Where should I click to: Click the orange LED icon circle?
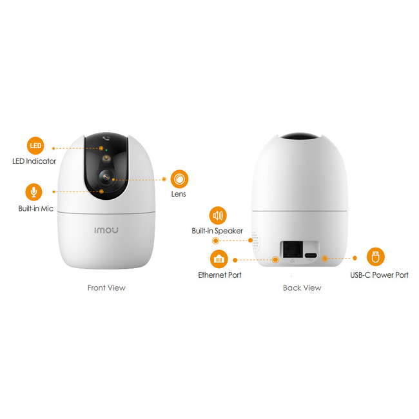35,146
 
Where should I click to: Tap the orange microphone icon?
34,192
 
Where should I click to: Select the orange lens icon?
179,179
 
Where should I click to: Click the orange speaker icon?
218,215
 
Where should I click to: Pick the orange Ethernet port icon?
219,259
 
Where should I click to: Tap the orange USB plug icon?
375,257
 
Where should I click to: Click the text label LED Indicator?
34,161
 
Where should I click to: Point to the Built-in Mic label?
36,208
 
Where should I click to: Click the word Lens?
179,194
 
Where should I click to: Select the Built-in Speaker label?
217,231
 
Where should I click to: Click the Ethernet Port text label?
220,275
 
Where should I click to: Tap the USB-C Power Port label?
379,275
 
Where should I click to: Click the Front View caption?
106,287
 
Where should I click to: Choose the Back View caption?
302,287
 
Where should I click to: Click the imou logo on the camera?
106,230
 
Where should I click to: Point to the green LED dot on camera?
106,150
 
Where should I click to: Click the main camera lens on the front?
106,177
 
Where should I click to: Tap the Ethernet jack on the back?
293,249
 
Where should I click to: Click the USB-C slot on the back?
311,255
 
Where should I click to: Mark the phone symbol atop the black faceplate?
106,138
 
